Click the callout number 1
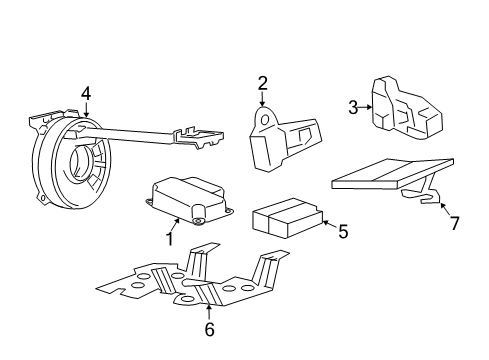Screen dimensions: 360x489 tap(170, 238)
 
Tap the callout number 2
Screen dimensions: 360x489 tap(263, 83)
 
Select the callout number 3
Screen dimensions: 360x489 tap(353, 107)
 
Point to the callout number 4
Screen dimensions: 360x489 tap(86, 95)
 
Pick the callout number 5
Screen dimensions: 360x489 tap(342, 232)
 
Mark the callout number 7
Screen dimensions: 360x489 tap(454, 223)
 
